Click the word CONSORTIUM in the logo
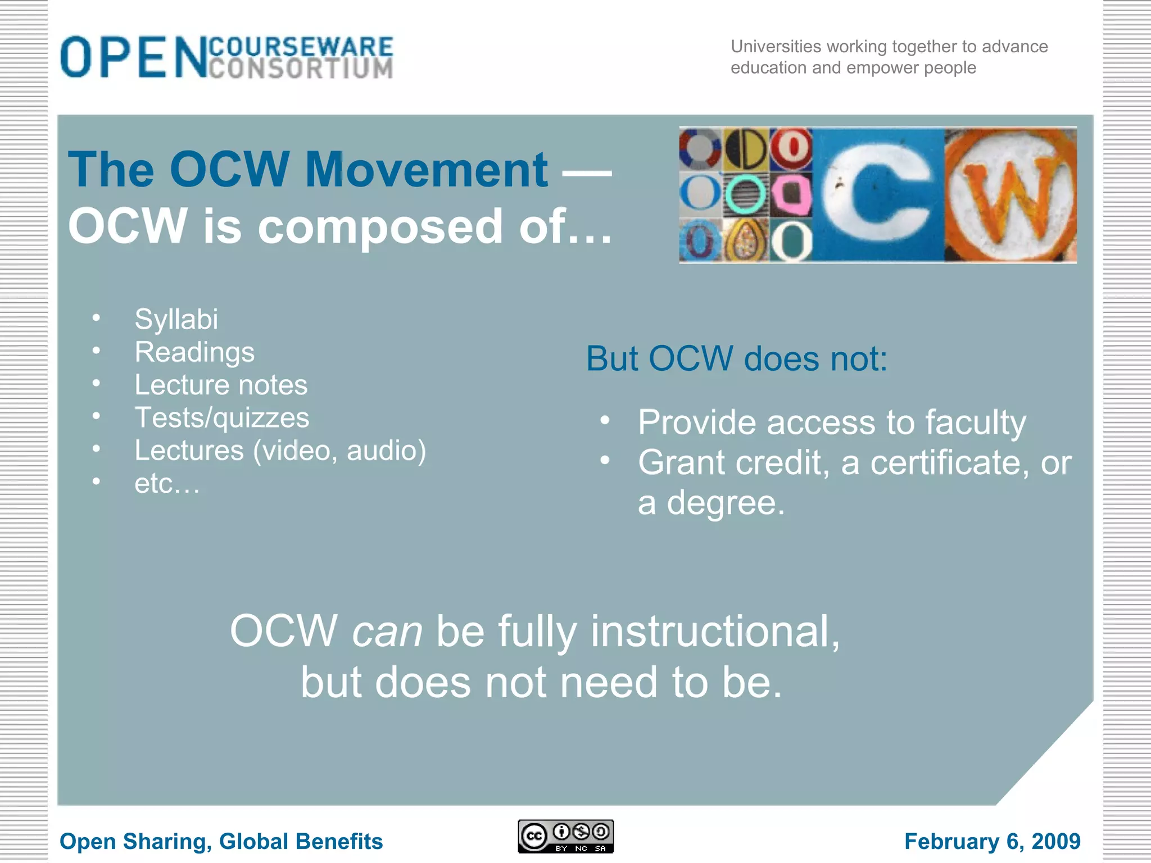point(301,69)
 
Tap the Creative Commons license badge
point(565,837)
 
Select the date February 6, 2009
point(992,841)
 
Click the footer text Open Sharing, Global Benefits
point(221,841)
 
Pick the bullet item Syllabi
point(176,319)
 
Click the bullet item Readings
point(194,352)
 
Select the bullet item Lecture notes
point(221,385)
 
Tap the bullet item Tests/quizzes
point(221,417)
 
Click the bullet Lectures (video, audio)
point(280,450)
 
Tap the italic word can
point(387,632)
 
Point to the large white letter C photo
point(878,195)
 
